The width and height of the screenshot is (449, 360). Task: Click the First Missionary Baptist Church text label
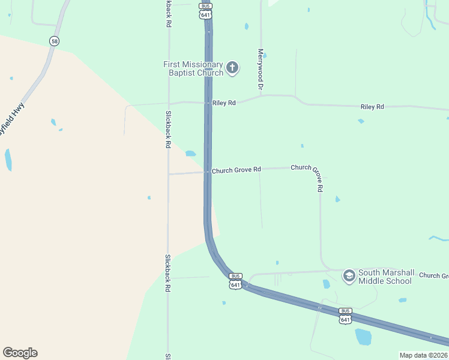(193, 68)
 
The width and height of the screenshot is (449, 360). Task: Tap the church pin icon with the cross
(232, 68)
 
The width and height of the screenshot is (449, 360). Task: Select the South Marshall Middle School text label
(385, 277)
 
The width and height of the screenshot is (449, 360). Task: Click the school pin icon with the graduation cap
(348, 276)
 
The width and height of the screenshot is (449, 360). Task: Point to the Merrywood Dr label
(261, 69)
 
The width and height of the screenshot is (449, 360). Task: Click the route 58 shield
(55, 41)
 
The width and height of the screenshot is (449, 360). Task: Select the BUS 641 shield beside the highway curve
(235, 281)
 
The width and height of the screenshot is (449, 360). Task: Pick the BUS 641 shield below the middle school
(345, 316)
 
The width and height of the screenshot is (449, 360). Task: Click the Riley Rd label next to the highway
(224, 103)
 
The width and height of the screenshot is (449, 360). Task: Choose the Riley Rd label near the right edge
(372, 107)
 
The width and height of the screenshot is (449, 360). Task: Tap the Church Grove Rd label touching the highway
(236, 170)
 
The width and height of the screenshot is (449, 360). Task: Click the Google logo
(20, 353)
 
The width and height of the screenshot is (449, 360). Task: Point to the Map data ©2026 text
(424, 355)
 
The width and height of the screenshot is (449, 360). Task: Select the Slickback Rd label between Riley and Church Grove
(169, 129)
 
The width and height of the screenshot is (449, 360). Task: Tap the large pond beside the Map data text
(363, 337)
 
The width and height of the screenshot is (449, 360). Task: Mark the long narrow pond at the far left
(8, 160)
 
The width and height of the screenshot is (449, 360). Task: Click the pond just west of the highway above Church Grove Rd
(190, 153)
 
